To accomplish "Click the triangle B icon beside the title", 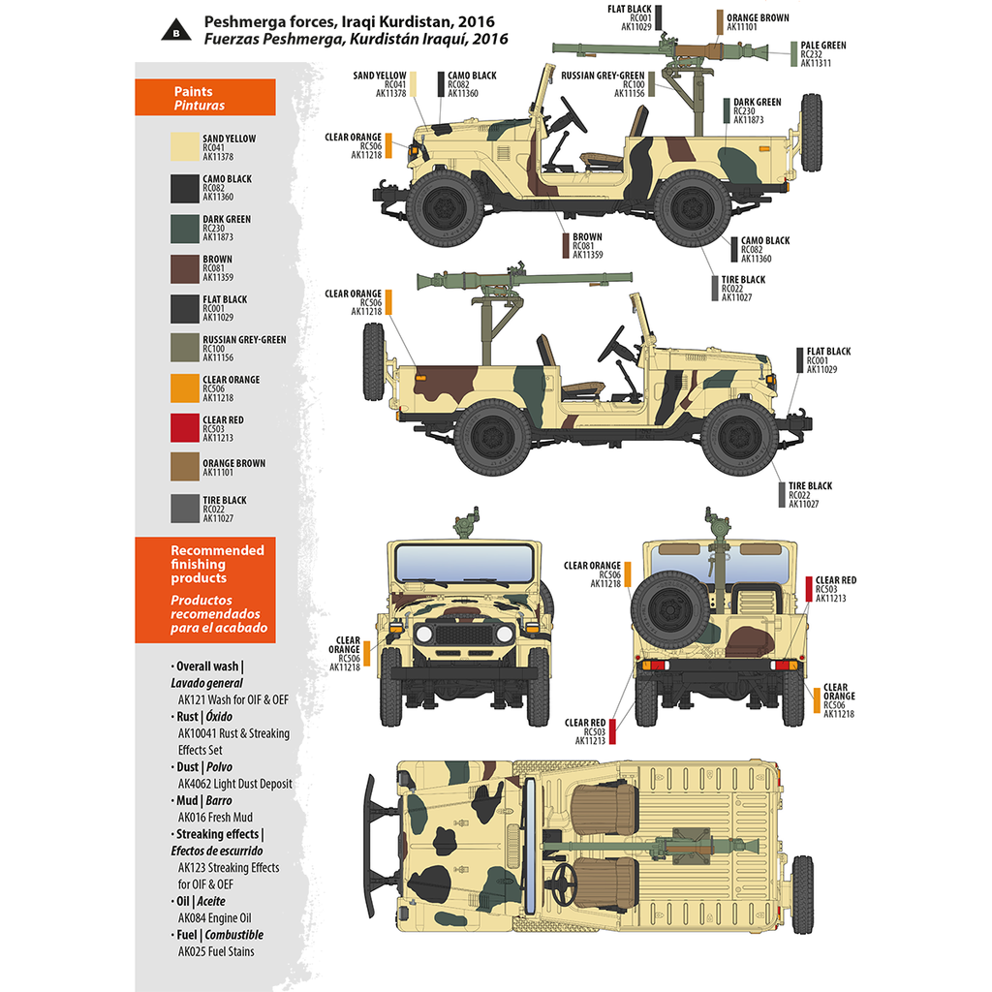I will [176, 29].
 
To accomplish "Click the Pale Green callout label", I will [823, 54].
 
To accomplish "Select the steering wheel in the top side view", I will [572, 115].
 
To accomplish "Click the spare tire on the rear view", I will [670, 609].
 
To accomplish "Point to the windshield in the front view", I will [464, 563].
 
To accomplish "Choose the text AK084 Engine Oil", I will [214, 917].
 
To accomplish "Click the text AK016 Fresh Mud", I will [214, 817].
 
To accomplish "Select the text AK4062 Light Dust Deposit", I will [234, 784].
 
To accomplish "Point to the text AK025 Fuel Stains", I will [216, 951].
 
